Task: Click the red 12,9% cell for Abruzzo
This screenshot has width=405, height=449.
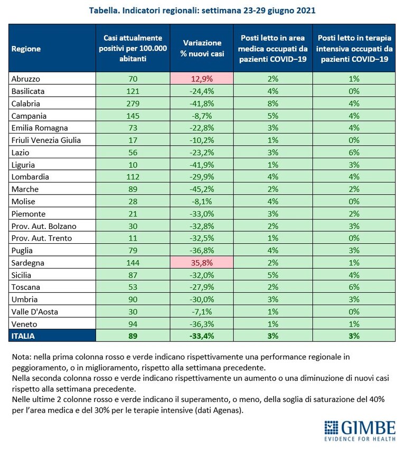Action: coord(202,79)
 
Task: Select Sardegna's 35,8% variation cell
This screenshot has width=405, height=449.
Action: coord(202,263)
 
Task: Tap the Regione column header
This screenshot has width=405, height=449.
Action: coord(26,49)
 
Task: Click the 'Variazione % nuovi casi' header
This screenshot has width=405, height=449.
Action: coord(202,48)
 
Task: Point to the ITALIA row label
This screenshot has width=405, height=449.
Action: coord(23,336)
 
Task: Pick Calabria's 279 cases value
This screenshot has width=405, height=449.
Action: coord(133,103)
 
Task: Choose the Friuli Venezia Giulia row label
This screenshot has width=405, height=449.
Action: coord(46,140)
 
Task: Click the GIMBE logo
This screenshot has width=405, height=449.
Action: coord(360,431)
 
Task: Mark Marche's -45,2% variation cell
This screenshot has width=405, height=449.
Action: coord(202,189)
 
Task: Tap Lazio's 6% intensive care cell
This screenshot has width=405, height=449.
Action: coord(354,152)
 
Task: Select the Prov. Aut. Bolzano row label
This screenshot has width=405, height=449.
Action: coord(44,226)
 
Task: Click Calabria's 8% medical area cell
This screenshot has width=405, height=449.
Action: coord(273,103)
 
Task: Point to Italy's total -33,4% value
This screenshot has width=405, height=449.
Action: coord(202,336)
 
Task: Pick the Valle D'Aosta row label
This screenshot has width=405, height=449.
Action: coord(35,311)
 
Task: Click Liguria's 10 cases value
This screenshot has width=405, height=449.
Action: coord(133,165)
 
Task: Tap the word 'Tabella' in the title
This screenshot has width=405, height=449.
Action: coord(105,11)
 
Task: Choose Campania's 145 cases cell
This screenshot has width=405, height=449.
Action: coord(133,116)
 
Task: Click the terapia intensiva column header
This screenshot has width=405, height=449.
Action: coord(354,48)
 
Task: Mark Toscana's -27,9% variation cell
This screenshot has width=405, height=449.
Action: coord(202,287)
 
